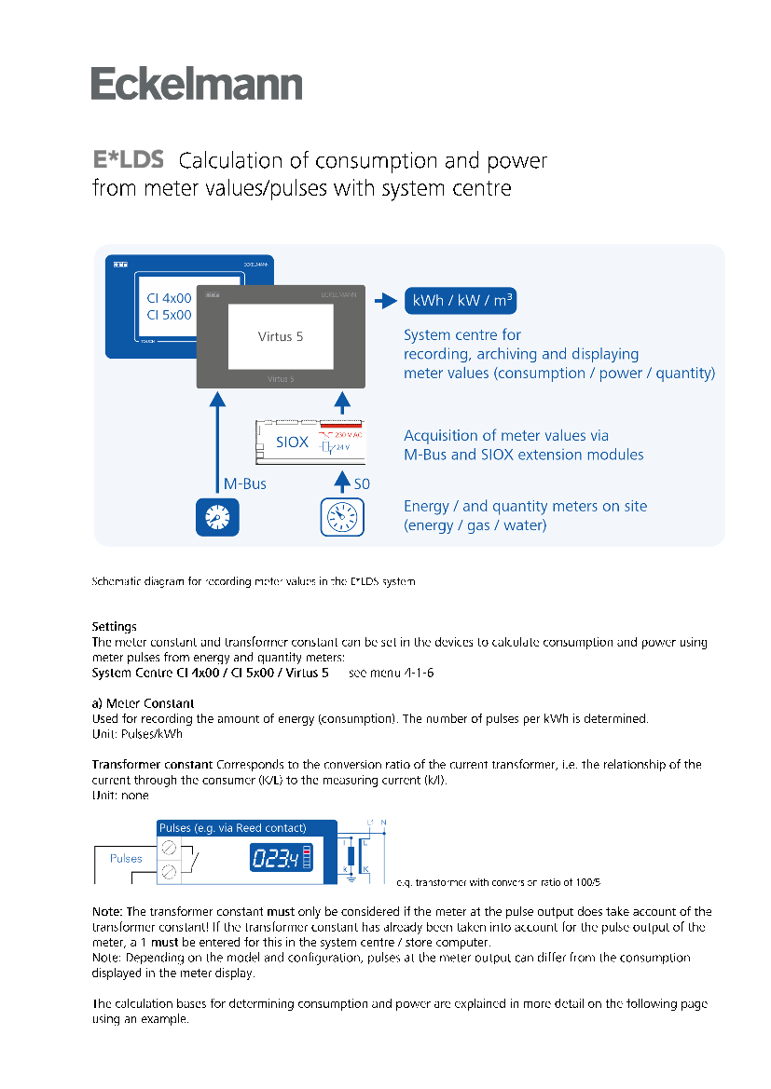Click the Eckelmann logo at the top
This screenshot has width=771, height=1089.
point(197,84)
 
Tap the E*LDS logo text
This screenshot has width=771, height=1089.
point(129,159)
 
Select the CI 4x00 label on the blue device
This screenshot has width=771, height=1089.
point(169,298)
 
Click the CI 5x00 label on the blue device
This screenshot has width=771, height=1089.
point(169,315)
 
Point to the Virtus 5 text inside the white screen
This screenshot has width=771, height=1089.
point(281,336)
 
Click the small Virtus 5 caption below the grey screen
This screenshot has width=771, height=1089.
point(281,380)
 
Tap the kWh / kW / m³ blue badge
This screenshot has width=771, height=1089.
point(461,302)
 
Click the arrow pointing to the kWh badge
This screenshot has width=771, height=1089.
point(385,302)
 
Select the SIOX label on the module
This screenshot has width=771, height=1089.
point(293,442)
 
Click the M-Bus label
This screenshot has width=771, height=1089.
point(245,484)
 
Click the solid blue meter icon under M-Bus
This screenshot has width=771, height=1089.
point(217,517)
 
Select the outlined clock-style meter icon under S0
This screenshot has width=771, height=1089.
point(342,517)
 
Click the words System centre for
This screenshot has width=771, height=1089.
point(462,334)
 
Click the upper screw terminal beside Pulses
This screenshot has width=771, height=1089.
point(169,848)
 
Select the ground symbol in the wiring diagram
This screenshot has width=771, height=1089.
point(351,877)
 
